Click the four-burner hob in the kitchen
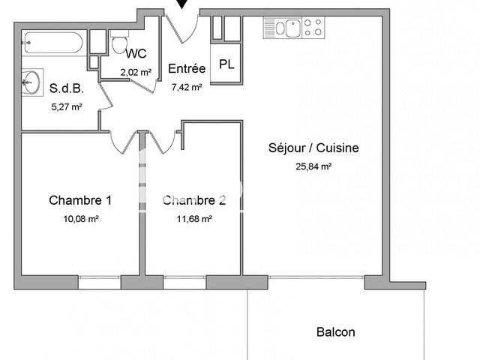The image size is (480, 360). coord(314,28)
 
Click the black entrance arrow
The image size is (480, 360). coord(181,5)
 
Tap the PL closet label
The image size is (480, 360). coord(226,64)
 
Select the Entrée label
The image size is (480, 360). coord(187,69)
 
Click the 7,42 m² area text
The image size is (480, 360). coord(187,87)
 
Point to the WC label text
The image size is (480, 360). coord(136,53)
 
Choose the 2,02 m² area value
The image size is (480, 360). coord(136,72)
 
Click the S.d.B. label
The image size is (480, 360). coord(66,88)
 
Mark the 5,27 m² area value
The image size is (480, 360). coord(65,106)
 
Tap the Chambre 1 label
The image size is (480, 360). coord(80,200)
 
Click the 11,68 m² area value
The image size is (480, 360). coord(193,219)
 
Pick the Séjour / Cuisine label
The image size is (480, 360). coord(313,148)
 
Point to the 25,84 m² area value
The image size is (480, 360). coord(313,166)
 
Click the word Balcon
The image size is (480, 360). coord(335,332)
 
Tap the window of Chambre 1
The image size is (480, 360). coord(100,282)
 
